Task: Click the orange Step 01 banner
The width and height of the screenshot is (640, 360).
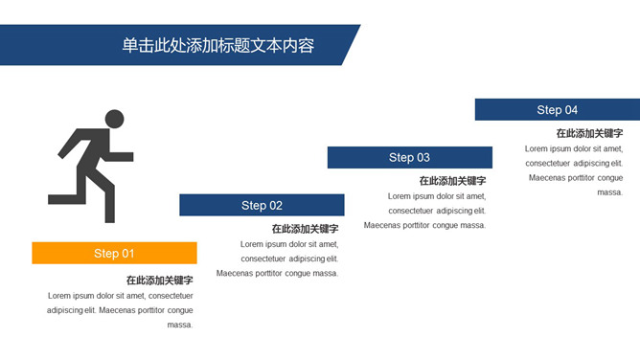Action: [x=114, y=253]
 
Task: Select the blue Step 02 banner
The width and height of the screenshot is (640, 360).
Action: [x=262, y=205]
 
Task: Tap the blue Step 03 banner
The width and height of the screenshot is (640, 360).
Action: [x=409, y=157]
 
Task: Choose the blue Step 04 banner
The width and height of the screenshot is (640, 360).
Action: [x=557, y=109]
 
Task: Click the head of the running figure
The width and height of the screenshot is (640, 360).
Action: [x=114, y=119]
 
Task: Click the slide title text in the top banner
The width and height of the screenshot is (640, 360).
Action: [x=218, y=45]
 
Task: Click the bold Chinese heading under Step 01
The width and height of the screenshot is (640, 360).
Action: [x=159, y=281]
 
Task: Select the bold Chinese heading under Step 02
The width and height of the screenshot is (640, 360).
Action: [x=305, y=229]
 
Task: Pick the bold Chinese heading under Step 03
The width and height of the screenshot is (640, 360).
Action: [x=452, y=181]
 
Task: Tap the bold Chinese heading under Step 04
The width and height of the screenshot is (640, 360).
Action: [x=589, y=133]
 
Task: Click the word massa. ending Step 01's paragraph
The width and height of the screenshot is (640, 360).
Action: [x=180, y=325]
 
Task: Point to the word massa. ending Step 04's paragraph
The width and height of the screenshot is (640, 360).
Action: [x=610, y=192]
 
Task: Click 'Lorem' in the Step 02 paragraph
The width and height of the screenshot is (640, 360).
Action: [x=252, y=244]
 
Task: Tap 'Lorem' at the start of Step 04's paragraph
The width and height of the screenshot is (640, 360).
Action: [x=537, y=148]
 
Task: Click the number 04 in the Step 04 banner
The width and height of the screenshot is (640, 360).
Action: [x=571, y=109]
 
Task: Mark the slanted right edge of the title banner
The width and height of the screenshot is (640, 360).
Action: [x=351, y=45]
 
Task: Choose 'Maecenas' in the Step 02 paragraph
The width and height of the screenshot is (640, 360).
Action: [x=235, y=274]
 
